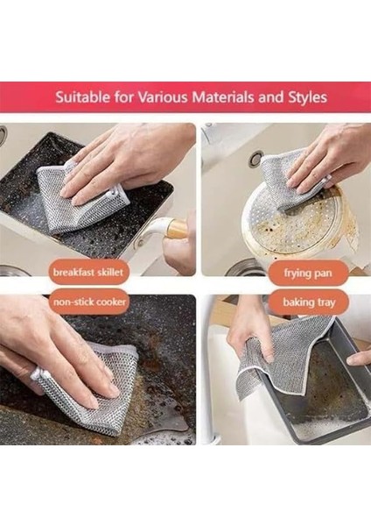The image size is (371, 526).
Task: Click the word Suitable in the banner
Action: (82, 97)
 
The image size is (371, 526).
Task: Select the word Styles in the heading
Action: (307, 97)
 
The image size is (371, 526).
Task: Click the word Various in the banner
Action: (163, 97)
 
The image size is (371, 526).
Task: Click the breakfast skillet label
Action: (88, 272)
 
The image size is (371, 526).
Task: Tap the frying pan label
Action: (308, 273)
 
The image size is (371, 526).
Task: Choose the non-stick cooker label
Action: (89, 302)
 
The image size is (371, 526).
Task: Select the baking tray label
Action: (309, 302)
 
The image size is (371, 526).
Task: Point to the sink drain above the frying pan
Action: (256, 159)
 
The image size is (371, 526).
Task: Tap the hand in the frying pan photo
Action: (328, 158)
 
